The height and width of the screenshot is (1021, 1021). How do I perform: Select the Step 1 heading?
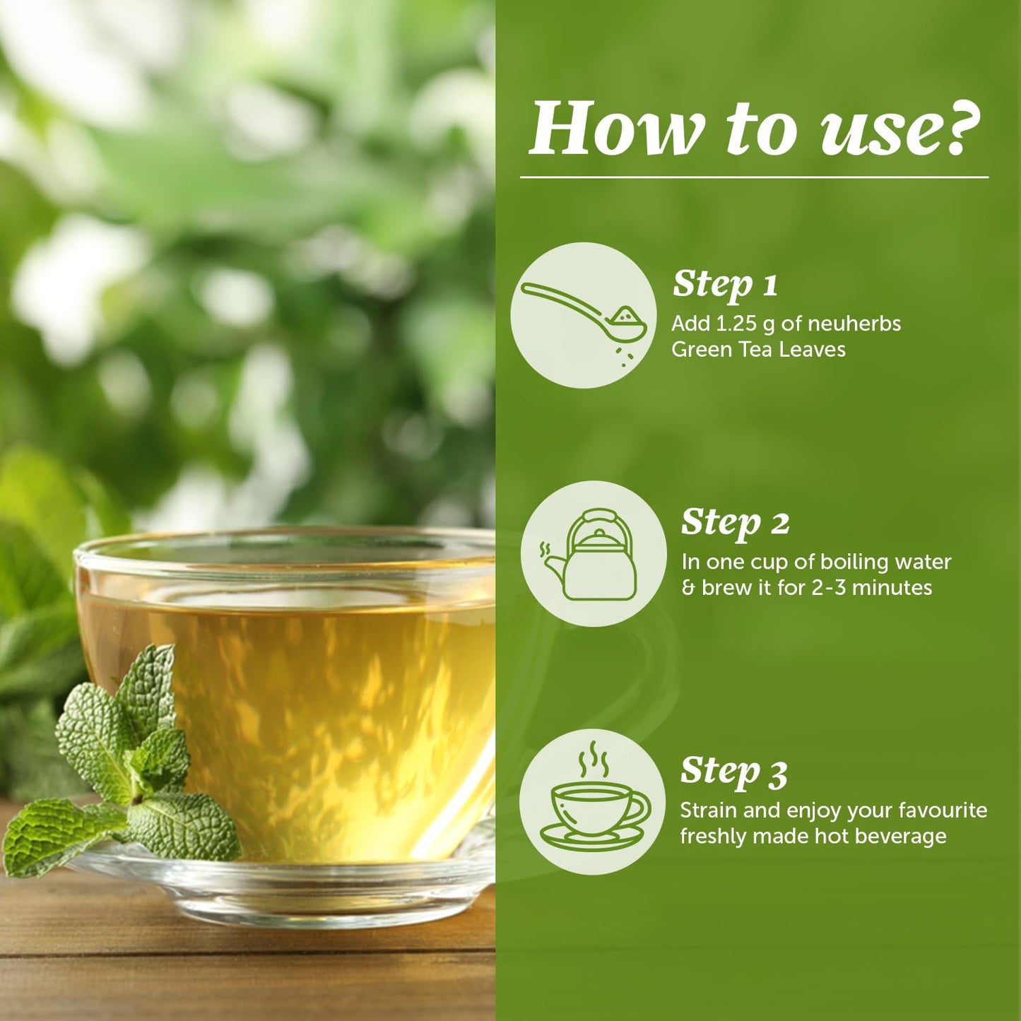click(725, 284)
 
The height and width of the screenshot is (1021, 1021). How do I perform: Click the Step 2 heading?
click(735, 522)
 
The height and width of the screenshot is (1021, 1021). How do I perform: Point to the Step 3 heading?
click(733, 771)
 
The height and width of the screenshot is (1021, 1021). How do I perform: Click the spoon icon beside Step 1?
click(584, 314)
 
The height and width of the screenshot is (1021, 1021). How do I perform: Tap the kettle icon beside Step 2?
click(593, 555)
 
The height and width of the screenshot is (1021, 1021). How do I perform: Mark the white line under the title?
click(754, 177)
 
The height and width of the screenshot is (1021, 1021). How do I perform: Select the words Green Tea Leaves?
click(758, 350)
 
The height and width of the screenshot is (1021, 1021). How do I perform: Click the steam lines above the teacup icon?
click(594, 759)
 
